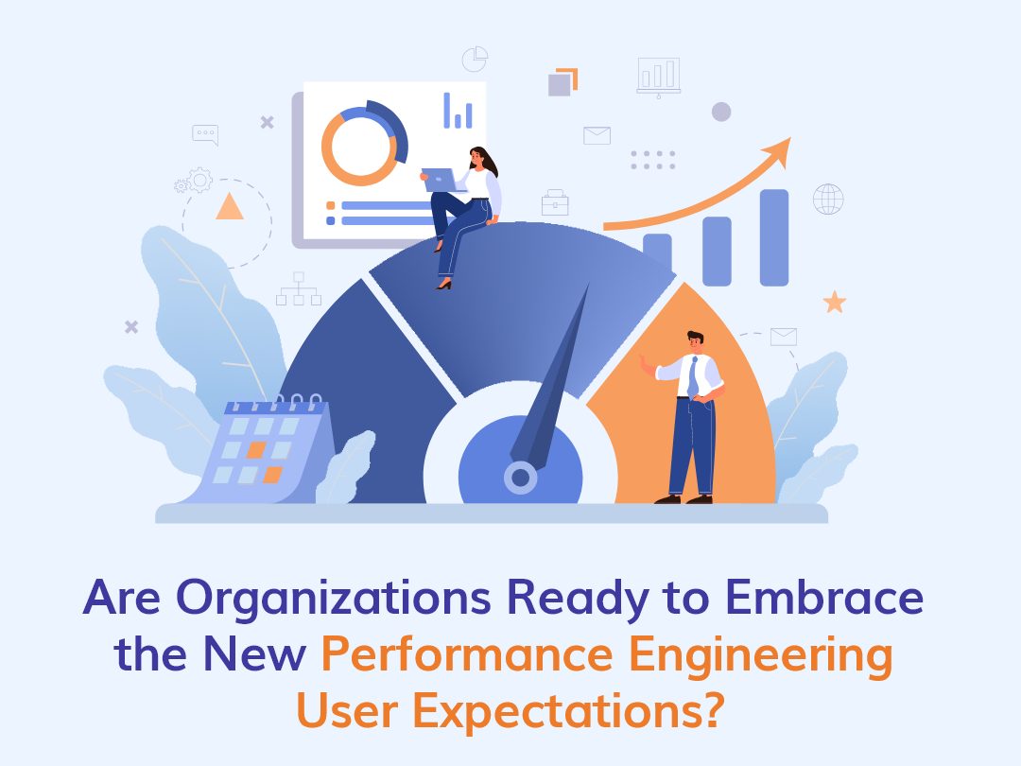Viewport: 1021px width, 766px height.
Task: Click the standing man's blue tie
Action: [x=693, y=376]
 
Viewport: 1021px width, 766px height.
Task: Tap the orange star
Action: [x=834, y=302]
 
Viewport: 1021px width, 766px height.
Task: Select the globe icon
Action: [x=828, y=199]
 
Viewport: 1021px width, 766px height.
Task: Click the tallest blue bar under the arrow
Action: [x=773, y=237]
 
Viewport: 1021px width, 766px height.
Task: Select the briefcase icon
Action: [x=555, y=202]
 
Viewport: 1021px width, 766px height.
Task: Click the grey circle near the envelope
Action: [x=721, y=113]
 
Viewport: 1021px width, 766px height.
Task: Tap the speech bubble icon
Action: [x=205, y=134]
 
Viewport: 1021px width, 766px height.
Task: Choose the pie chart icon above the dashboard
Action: [x=475, y=59]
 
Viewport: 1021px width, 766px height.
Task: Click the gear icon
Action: [x=199, y=179]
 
